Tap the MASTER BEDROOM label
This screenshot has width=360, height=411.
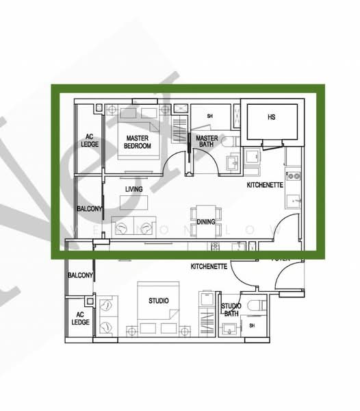[x=138, y=142]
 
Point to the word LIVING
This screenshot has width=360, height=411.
[x=134, y=188]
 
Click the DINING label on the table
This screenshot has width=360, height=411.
[x=206, y=222]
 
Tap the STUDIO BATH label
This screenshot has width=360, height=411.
[x=230, y=310]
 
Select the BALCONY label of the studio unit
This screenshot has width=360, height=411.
[x=79, y=275]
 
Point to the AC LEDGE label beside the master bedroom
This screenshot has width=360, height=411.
[x=89, y=140]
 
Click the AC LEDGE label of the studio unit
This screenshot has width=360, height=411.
[x=80, y=318]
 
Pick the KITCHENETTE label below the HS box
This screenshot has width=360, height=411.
[x=264, y=186]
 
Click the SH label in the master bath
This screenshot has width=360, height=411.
[x=209, y=116]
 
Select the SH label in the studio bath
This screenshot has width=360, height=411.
[x=250, y=326]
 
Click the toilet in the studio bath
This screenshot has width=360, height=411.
[x=257, y=306]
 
